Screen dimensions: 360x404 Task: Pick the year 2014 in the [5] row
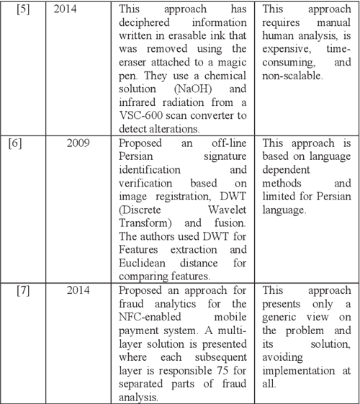pyautogui.click(x=68, y=10)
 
